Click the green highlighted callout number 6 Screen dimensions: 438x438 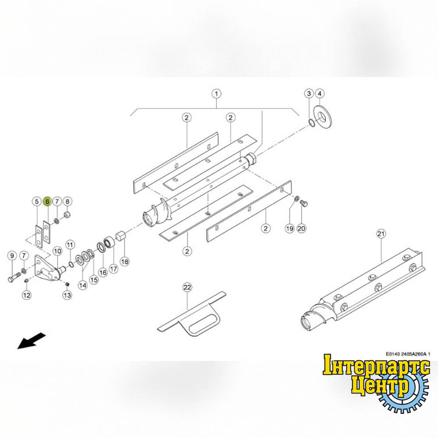click(47, 201)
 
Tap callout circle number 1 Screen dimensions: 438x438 click(216, 94)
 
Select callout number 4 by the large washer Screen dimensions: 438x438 click(320, 94)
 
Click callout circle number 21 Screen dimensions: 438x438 click(381, 233)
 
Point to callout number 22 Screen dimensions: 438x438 click(187, 287)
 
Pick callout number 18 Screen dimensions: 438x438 click(124, 261)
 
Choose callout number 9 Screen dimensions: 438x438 click(12, 256)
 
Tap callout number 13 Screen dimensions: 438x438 click(67, 295)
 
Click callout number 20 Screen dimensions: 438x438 click(301, 229)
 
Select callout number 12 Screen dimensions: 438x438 click(27, 295)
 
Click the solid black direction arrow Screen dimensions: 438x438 click(31, 340)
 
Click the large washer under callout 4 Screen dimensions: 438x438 click(323, 117)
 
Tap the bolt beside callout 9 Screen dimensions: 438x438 click(14, 277)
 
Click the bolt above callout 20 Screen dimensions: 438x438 click(304, 203)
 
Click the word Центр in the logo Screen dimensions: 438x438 click(380, 385)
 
